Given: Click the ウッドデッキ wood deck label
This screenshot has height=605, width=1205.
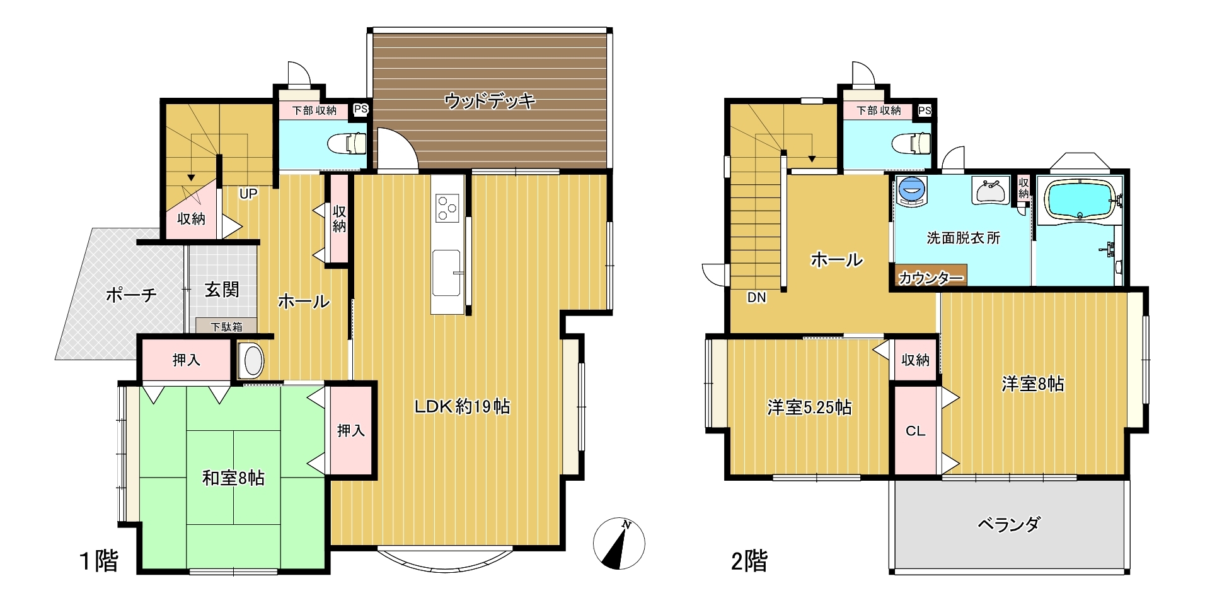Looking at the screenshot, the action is click(490, 100).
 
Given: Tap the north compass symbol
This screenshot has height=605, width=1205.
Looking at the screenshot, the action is click(619, 543).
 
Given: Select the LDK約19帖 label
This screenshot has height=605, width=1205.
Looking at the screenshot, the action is click(462, 406).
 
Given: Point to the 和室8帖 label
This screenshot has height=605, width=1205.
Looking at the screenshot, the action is click(233, 478).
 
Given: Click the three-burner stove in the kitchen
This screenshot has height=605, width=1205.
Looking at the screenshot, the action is click(448, 208).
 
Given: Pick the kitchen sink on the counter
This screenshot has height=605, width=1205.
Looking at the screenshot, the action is click(447, 272).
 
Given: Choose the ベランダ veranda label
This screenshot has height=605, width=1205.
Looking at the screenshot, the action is click(1009, 524).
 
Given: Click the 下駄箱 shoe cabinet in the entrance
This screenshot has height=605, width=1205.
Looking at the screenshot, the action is click(226, 326).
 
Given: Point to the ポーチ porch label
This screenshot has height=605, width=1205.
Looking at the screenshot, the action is click(131, 295).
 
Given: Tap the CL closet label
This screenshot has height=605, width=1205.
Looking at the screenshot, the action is click(915, 431).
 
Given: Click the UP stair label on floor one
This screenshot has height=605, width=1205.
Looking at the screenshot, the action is click(248, 194).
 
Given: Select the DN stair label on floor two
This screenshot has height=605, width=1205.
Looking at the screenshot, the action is click(756, 297).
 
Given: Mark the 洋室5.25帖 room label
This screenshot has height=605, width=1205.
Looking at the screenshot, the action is click(809, 408).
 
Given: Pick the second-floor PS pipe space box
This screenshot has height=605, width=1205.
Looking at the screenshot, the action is click(925, 110).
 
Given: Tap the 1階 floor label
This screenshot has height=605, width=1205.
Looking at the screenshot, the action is click(99, 560).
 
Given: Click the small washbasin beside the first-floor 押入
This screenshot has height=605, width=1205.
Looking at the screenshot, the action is click(252, 360).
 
